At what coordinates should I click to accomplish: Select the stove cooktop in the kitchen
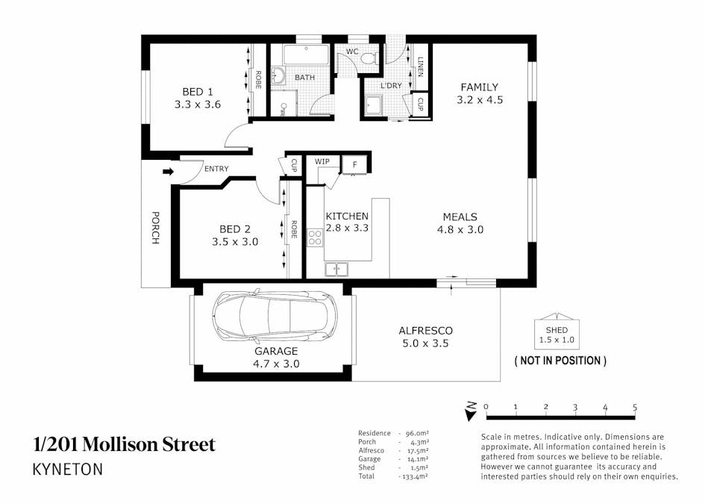pyautogui.click(x=314, y=237)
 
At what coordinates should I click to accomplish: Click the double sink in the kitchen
pyautogui.click(x=336, y=270)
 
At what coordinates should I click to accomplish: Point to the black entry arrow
pyautogui.click(x=168, y=171)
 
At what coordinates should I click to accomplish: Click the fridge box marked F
pyautogui.click(x=355, y=165)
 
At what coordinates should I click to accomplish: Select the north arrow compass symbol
pyautogui.click(x=471, y=411)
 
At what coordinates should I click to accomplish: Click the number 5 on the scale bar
pyautogui.click(x=635, y=407)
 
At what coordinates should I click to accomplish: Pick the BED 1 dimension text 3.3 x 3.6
pyautogui.click(x=198, y=105)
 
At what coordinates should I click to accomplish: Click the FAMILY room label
pyautogui.click(x=479, y=87)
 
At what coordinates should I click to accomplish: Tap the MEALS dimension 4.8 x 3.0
pyautogui.click(x=460, y=229)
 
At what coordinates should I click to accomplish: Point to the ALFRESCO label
pyautogui.click(x=425, y=330)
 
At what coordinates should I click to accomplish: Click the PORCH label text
pyautogui.click(x=155, y=228)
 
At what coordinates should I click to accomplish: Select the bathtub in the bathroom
pyautogui.click(x=306, y=55)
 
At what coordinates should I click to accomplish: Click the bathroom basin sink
pyautogui.click(x=278, y=76)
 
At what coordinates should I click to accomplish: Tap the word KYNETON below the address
pyautogui.click(x=67, y=470)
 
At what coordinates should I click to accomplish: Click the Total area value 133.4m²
pyautogui.click(x=414, y=476)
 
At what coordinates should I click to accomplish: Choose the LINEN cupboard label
pyautogui.click(x=421, y=67)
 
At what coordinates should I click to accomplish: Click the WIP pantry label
pyautogui.click(x=322, y=161)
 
